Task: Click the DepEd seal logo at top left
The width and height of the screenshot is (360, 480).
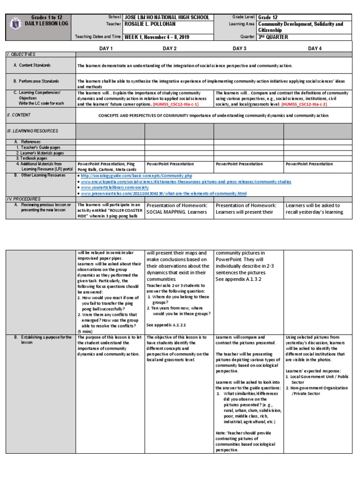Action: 15,24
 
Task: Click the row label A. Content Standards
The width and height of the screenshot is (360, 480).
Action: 32,65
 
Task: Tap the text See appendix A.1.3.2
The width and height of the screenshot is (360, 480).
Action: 239,279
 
